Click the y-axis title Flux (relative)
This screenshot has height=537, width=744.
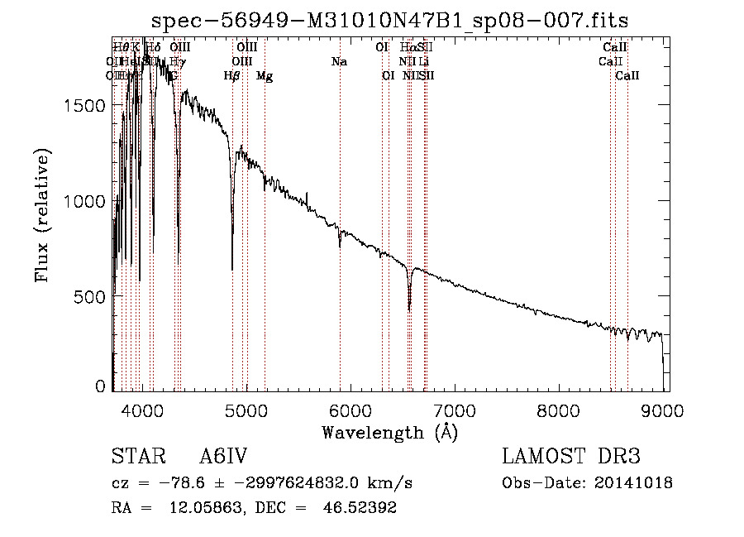43,215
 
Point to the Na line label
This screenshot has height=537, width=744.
339,62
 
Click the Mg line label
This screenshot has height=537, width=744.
265,76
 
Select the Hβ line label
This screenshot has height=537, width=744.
232,76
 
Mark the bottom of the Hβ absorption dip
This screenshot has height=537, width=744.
232,269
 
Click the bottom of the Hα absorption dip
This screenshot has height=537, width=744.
409,310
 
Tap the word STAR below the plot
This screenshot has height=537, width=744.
134,457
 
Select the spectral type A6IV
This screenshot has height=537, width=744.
223,457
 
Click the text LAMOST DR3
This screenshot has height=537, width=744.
571,457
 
